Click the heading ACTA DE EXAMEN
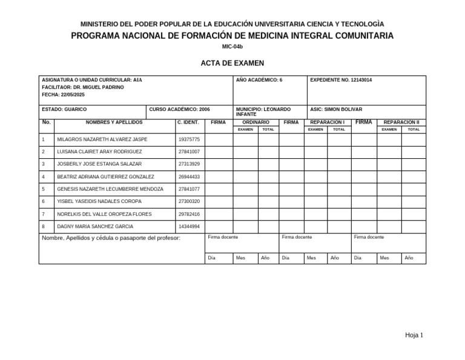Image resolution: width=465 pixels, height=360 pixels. [232, 63]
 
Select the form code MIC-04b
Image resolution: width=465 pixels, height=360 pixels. [232, 47]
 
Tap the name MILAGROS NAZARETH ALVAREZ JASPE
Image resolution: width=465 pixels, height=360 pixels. [102, 139]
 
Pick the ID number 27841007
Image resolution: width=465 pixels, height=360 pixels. [189, 152]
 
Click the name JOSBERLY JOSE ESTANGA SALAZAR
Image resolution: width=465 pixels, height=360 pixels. [99, 164]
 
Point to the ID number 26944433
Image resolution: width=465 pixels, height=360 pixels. [189, 177]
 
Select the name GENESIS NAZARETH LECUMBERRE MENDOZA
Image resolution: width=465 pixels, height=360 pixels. [110, 189]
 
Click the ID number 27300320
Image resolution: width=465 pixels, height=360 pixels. [189, 201]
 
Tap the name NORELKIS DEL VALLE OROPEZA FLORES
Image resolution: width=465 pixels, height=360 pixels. [104, 214]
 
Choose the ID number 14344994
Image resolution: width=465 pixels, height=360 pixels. [189, 226]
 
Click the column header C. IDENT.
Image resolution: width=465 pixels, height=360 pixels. [188, 122]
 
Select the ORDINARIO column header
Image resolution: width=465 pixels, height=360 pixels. [256, 122]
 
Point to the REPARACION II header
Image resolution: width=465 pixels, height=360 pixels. [401, 122]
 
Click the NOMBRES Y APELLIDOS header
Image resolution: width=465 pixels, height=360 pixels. [114, 122]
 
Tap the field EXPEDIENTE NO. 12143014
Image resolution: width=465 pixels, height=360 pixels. [341, 80]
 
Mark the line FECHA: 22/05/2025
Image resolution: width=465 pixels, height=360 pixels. [64, 95]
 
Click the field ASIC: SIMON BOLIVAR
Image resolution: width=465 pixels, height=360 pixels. [336, 110]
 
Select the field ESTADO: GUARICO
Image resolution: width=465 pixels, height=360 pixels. [64, 110]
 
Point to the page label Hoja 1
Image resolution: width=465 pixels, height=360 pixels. [414, 335]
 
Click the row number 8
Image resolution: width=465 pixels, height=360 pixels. [44, 226]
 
